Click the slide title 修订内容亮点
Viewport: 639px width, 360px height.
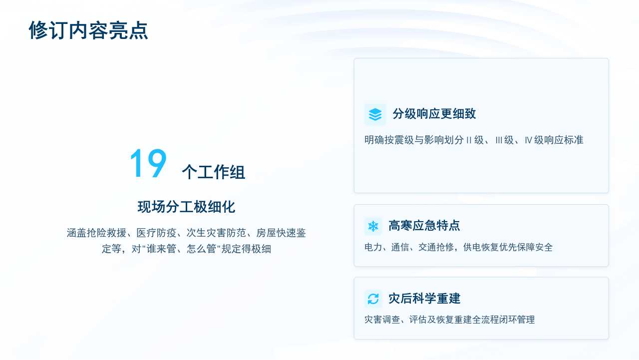pos(88,30)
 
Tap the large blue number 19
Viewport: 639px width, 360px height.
pos(148,163)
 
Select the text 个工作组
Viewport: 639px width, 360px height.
pos(213,172)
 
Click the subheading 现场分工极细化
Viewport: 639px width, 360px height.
pos(186,207)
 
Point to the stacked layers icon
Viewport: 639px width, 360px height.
pos(375,114)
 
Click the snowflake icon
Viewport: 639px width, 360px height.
pos(373,226)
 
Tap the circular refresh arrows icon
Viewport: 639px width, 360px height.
pos(373,299)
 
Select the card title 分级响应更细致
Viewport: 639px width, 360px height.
pos(434,113)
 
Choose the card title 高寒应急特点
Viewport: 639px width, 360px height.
pos(424,225)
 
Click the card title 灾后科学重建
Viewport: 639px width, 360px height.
pos(424,299)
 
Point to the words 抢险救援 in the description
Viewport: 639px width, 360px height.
pos(106,233)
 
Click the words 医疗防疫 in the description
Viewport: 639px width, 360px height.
pos(156,233)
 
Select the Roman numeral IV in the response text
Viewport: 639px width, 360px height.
pos(528,140)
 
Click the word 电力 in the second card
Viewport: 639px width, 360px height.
pos(373,247)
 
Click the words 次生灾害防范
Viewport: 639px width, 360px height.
pos(216,233)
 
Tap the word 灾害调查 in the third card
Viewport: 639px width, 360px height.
pos(382,320)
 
